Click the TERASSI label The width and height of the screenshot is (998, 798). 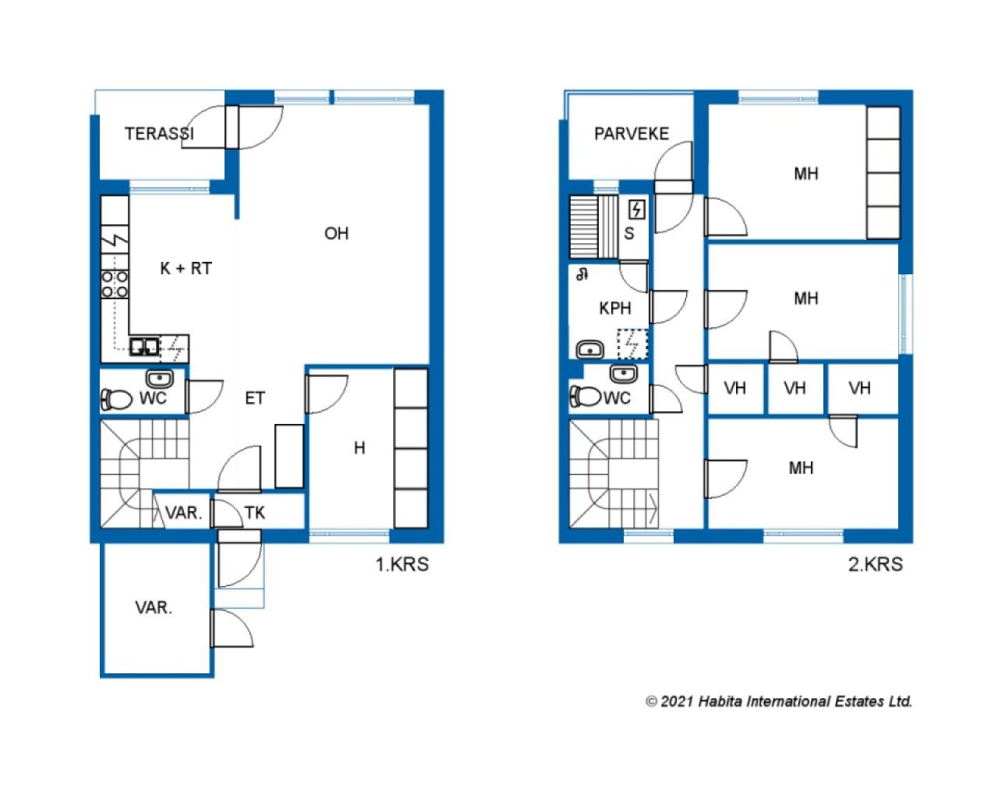click(159, 133)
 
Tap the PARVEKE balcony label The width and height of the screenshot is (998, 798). click(632, 133)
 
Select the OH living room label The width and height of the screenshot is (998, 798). click(336, 233)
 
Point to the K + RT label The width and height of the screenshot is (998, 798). click(186, 268)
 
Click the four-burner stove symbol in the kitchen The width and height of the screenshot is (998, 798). click(115, 284)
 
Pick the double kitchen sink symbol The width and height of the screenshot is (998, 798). click(143, 346)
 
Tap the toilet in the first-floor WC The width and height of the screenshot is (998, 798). click(116, 399)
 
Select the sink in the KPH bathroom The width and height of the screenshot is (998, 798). click(590, 350)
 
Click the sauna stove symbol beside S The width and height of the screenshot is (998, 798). click(636, 210)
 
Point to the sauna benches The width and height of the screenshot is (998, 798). click(593, 227)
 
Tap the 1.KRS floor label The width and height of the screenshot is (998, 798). click(402, 564)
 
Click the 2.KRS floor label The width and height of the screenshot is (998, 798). click(876, 564)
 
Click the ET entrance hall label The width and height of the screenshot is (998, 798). click(255, 398)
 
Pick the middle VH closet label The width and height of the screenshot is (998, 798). click(795, 387)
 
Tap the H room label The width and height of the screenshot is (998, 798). click(359, 447)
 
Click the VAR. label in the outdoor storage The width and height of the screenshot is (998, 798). click(154, 607)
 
